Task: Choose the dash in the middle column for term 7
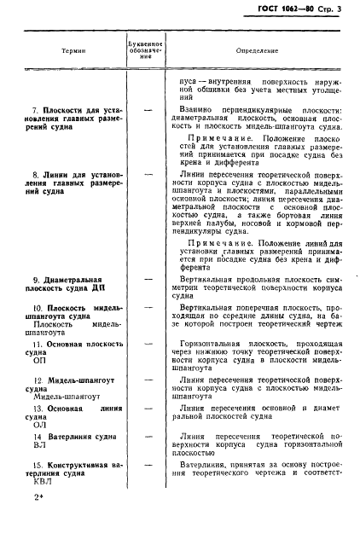tap(148, 110)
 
